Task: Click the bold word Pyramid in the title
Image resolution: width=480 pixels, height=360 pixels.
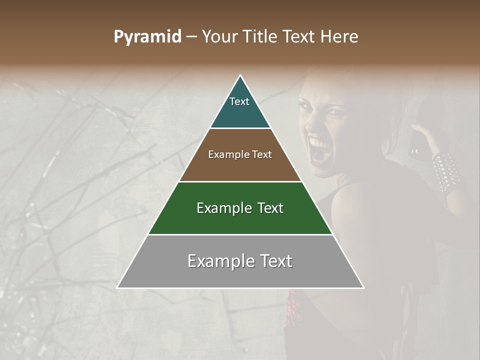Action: coord(147,37)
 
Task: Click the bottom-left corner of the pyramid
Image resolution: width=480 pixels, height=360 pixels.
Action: coord(118,287)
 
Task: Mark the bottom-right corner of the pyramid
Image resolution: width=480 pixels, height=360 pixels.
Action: coord(363,287)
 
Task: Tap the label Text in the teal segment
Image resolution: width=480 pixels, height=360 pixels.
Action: coord(239,101)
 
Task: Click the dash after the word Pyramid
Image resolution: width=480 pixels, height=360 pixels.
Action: coord(191,37)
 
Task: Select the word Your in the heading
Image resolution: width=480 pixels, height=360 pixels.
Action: coord(217,36)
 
